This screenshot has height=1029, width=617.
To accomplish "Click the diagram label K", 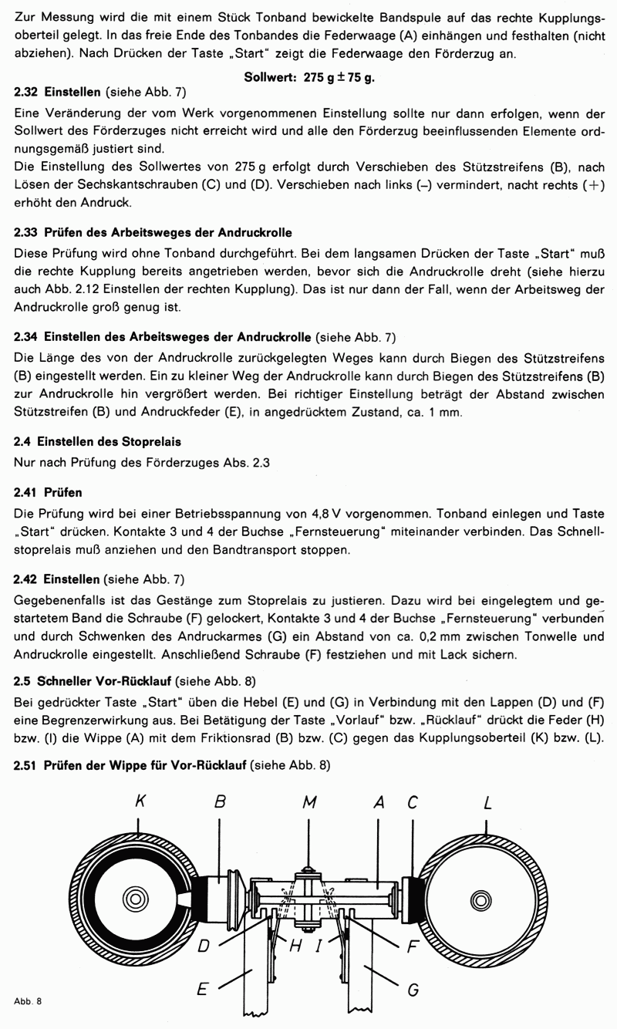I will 139,802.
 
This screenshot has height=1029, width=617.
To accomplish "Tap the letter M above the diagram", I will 309,802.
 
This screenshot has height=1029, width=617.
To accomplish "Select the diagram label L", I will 487,802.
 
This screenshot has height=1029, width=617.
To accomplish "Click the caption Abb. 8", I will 27,1001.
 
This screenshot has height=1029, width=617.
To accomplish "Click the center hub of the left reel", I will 136,899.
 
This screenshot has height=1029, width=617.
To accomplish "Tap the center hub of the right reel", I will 482,899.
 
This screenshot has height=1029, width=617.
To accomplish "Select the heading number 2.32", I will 27,92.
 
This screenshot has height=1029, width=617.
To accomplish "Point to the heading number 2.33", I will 27,232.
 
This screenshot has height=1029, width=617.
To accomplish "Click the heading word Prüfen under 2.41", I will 64,491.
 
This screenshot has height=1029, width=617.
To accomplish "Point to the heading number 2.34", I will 27,338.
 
